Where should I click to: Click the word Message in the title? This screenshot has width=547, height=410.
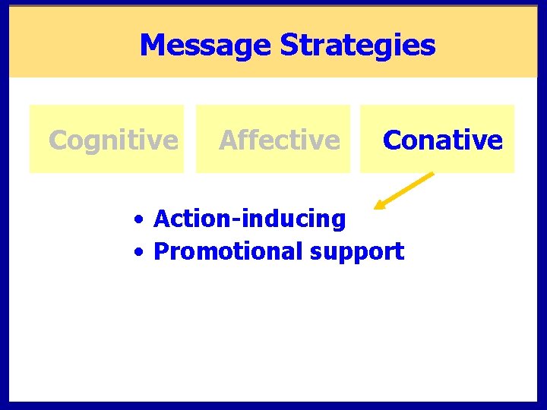206,46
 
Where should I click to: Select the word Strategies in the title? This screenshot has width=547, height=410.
358,46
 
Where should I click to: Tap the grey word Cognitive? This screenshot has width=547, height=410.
113,140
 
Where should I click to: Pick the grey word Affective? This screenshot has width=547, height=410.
280,140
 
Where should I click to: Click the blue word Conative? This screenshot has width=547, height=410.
443,140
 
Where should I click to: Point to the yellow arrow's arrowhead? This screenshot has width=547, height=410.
378,206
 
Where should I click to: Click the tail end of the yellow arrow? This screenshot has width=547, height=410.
432,174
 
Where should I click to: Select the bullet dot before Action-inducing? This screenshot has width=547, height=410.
139,220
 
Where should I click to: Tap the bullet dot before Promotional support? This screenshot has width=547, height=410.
139,252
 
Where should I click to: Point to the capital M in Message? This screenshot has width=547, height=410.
152,46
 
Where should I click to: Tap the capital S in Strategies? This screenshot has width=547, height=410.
289,46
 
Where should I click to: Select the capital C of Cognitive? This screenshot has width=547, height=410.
57,140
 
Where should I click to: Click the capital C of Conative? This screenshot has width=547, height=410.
392,140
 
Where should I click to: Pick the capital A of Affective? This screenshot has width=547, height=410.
228,140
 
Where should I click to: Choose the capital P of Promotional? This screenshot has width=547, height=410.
160,251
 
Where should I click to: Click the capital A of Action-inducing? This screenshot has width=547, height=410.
162,219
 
